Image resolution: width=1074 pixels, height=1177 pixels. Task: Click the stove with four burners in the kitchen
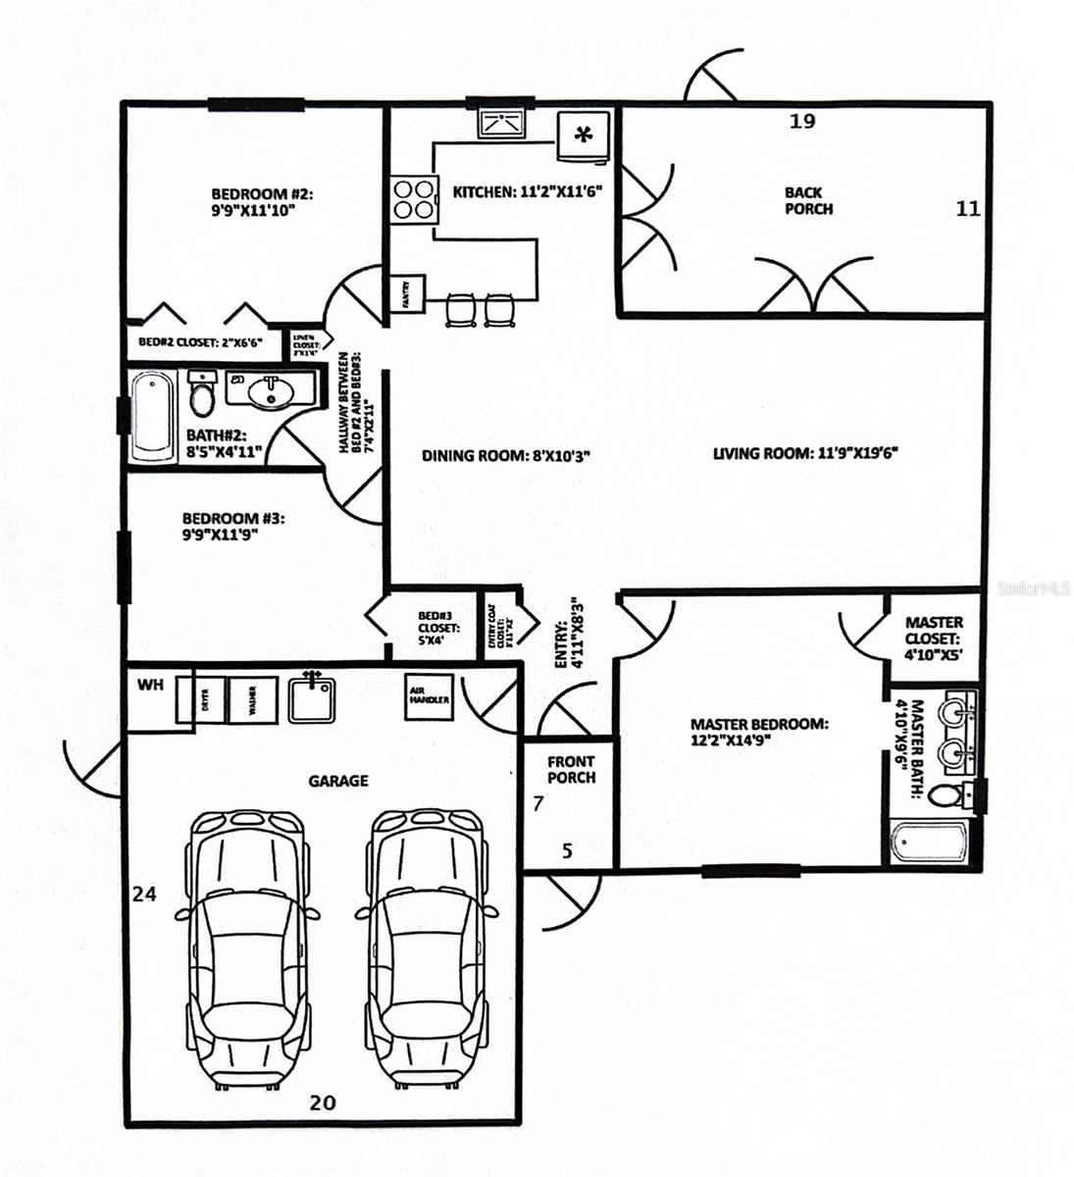pos(413,199)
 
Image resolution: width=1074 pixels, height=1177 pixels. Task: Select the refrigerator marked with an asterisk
pos(584,135)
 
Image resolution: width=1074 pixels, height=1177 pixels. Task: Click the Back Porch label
pos(808,201)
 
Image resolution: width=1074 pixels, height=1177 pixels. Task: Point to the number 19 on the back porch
pos(802,122)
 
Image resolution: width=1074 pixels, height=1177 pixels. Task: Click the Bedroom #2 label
pos(253,201)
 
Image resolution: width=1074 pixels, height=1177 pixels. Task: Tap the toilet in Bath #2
pos(202,396)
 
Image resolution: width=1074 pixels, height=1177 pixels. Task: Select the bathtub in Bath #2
pos(154,415)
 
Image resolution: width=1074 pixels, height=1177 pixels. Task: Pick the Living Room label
pos(805,453)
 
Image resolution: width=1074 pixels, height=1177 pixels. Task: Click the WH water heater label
pos(149,684)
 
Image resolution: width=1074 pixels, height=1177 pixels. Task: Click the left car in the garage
pos(246,947)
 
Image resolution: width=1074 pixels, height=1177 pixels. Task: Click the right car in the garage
pos(427,947)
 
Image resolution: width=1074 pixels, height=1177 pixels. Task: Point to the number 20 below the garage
pos(322,1102)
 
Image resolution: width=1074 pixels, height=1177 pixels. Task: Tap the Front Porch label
pos(571,770)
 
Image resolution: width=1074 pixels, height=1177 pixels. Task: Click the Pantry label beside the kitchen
pos(411,293)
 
